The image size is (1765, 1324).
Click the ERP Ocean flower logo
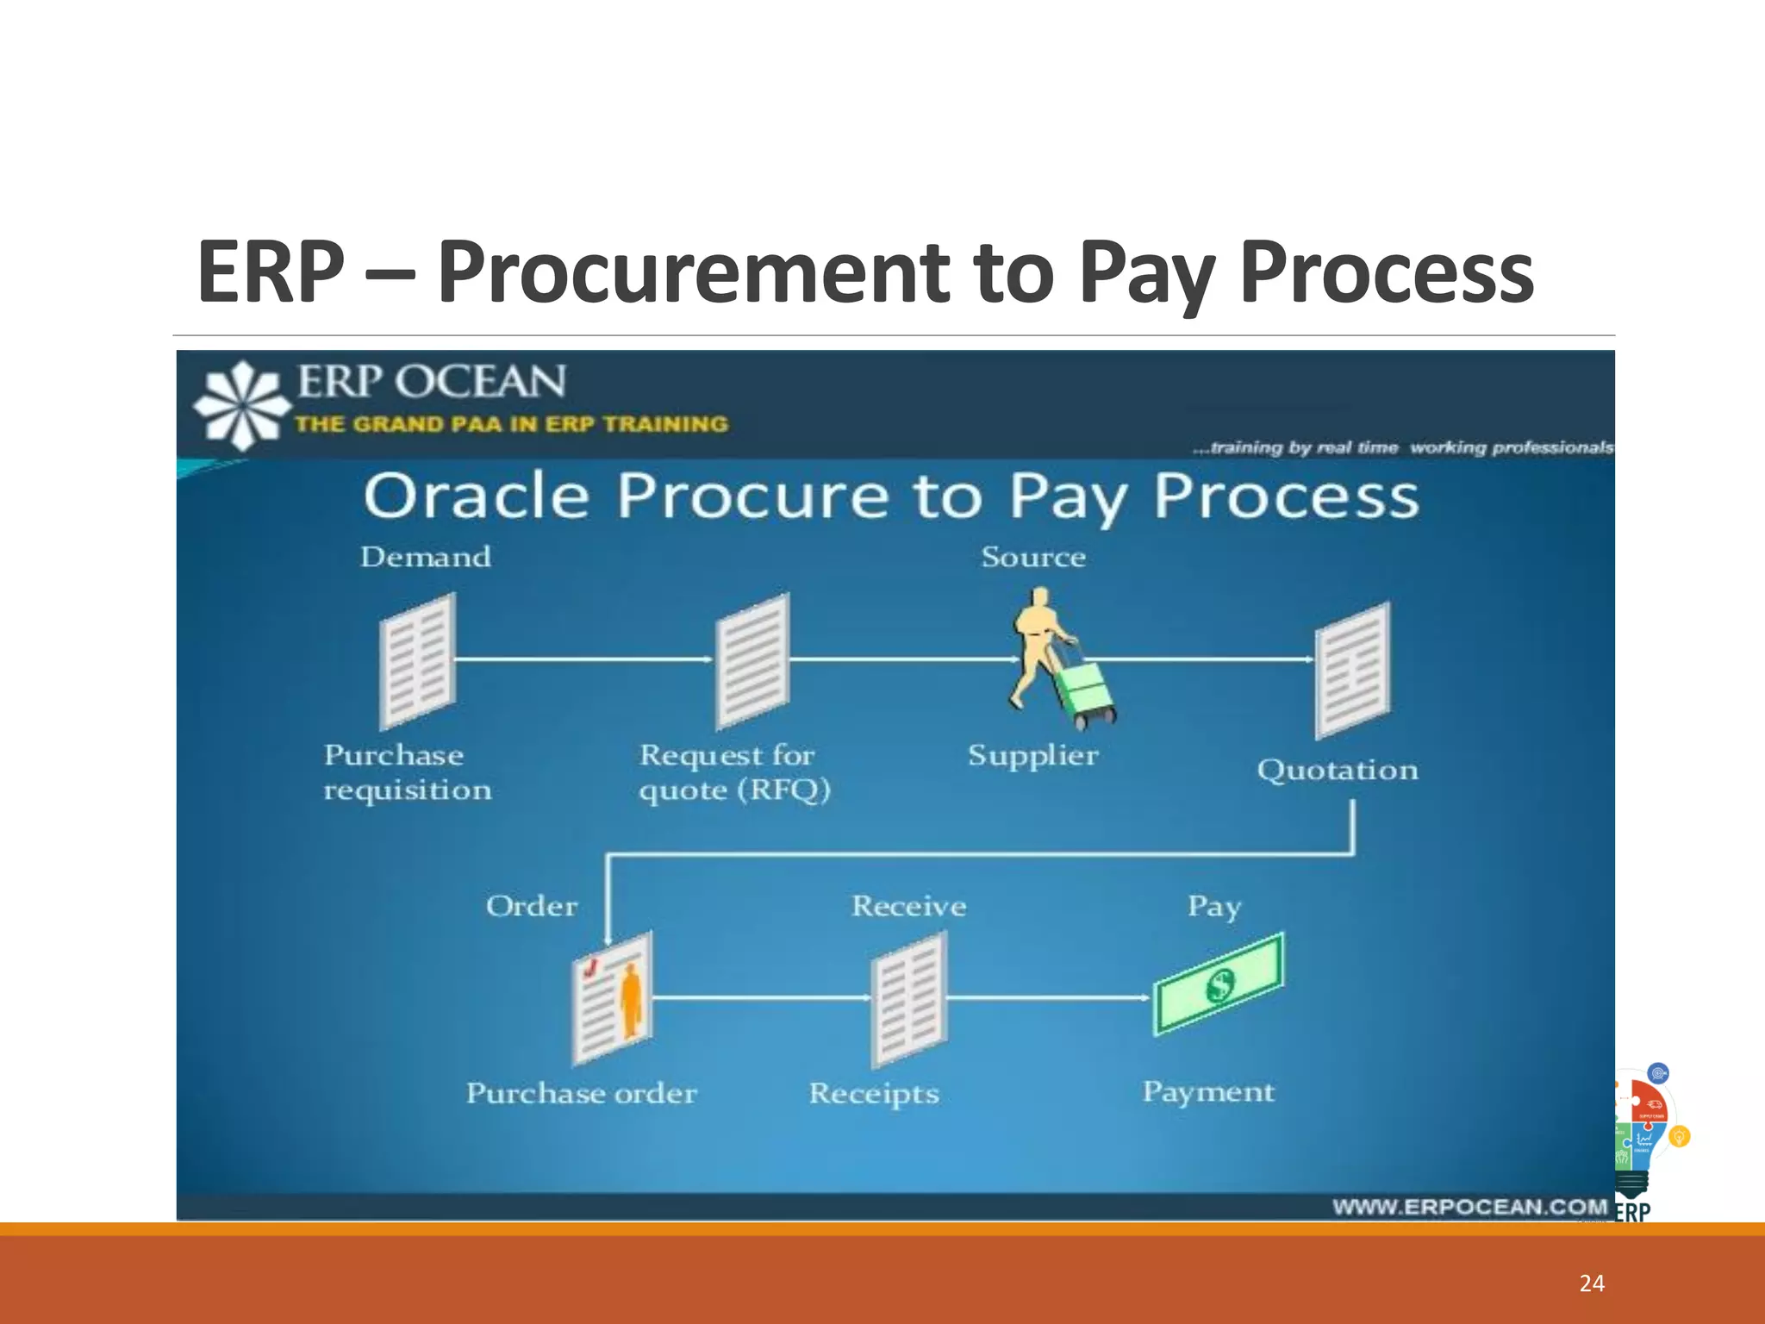pos(242,405)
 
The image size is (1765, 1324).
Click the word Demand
pos(426,557)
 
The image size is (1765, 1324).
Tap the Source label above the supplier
pos(1033,557)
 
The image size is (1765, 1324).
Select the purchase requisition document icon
pos(418,661)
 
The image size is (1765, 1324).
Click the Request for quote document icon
pos(753,661)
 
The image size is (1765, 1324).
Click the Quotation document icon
pos(1352,670)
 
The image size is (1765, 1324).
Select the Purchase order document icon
pos(613,997)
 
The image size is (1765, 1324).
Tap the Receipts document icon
pos(909,999)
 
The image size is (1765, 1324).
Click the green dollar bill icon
pos(1219,984)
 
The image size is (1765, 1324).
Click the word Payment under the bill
pos(1207,1092)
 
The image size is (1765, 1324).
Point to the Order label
pos(532,906)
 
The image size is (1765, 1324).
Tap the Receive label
pos(909,906)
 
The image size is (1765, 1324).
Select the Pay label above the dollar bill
pos(1213,906)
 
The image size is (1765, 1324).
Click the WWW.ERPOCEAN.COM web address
pos(1469,1206)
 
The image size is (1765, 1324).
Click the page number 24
pos(1591,1283)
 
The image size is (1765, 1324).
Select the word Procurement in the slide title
pos(694,272)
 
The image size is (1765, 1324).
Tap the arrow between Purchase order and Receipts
pos(762,998)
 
